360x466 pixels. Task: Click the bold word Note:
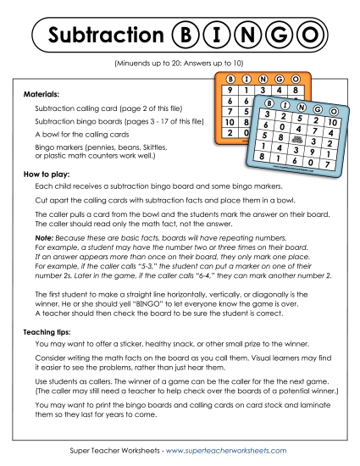(44, 240)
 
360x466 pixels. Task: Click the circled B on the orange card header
(231, 77)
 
